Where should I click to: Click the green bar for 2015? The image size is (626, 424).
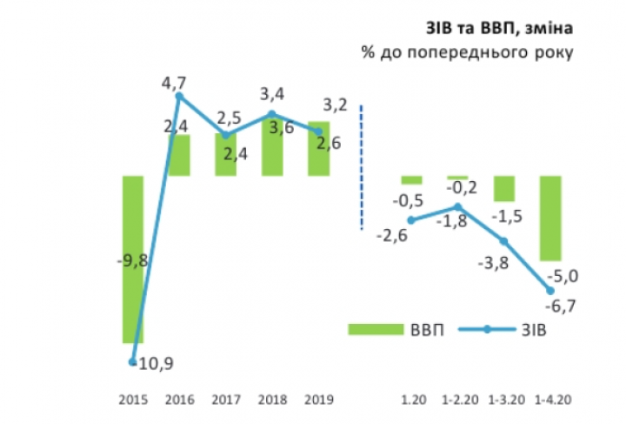[132, 259]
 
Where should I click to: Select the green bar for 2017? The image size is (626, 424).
[226, 155]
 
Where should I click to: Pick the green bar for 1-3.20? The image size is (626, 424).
[504, 188]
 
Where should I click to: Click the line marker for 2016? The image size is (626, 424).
[179, 97]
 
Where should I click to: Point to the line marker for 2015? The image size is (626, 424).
[132, 361]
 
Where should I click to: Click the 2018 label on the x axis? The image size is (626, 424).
[273, 401]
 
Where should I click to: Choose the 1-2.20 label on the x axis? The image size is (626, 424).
[457, 401]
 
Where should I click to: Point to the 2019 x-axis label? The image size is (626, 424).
[319, 401]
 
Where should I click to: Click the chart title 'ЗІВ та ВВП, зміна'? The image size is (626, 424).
[499, 30]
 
